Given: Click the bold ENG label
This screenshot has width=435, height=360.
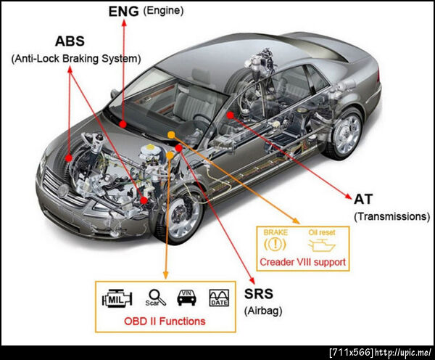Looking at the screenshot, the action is tap(123, 12).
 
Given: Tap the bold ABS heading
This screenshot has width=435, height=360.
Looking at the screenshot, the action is tap(70, 41).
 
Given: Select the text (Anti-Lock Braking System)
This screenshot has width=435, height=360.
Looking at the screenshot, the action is tap(76, 59).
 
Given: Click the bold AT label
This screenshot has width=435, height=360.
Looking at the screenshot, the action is tap(363, 199).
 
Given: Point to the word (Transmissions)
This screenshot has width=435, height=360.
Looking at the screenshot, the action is tap(392, 216).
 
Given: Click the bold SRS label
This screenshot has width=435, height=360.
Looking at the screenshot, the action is tap(259, 294).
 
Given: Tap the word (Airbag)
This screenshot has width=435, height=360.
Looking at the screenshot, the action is tap(263, 311).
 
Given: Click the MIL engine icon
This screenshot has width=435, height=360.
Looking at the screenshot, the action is tap(117, 298).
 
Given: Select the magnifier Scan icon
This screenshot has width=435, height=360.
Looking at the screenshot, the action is tap(156, 298).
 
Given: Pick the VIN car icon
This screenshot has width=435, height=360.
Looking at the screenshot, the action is tap(187, 298).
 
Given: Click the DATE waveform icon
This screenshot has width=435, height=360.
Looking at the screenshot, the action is tap(219, 298).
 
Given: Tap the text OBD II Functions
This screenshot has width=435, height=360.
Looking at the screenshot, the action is tap(165, 321).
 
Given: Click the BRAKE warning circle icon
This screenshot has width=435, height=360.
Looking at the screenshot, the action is tap(275, 244).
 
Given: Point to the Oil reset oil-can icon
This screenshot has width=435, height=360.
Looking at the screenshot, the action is tap(322, 245).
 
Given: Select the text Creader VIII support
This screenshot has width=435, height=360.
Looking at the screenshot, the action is tap(302, 262).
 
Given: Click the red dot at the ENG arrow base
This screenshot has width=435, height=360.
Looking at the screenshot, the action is tap(123, 124).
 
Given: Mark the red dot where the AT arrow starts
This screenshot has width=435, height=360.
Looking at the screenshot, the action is tap(230, 115).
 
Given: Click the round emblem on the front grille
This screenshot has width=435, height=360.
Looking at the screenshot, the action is tap(63, 190).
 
